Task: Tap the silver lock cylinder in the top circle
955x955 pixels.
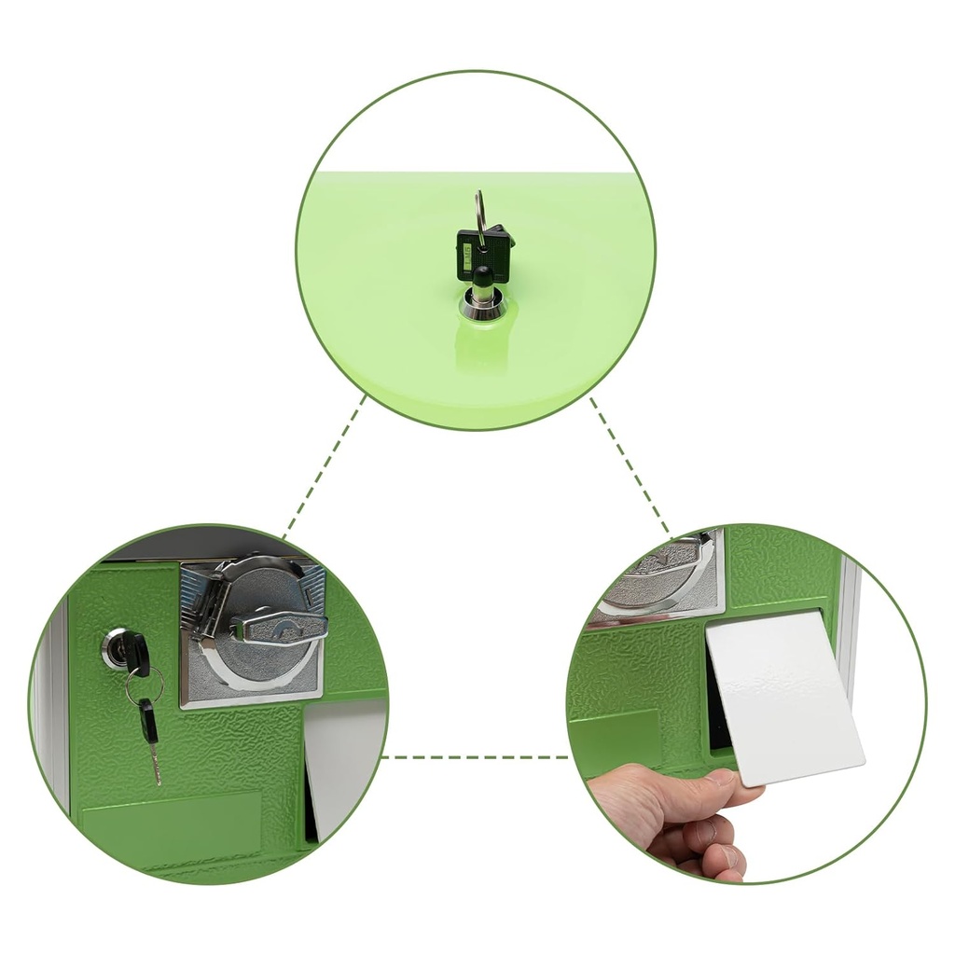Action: click(482, 304)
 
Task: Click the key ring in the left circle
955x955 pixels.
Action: click(144, 683)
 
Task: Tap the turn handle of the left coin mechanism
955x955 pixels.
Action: click(278, 626)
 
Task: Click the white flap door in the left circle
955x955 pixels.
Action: click(343, 765)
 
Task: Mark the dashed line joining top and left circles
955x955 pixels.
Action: click(325, 466)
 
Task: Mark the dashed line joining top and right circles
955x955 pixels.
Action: click(630, 466)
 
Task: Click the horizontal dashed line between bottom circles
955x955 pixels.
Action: click(476, 756)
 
